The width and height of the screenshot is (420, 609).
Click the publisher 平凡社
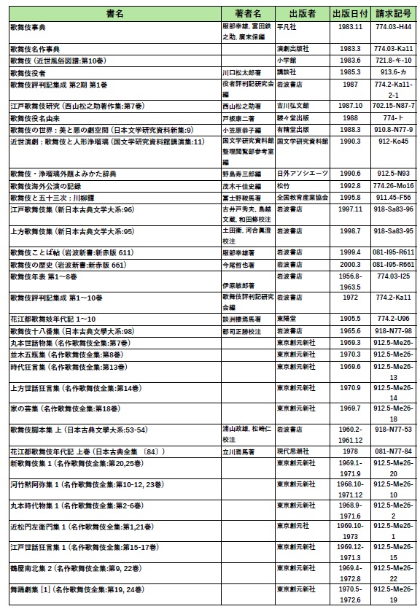(x=285, y=26)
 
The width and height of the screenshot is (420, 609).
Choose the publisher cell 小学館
(x=287, y=61)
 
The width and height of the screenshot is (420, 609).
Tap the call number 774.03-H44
(x=392, y=26)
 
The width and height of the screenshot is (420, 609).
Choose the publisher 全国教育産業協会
(x=302, y=198)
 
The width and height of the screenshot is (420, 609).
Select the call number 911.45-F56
(x=392, y=198)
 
